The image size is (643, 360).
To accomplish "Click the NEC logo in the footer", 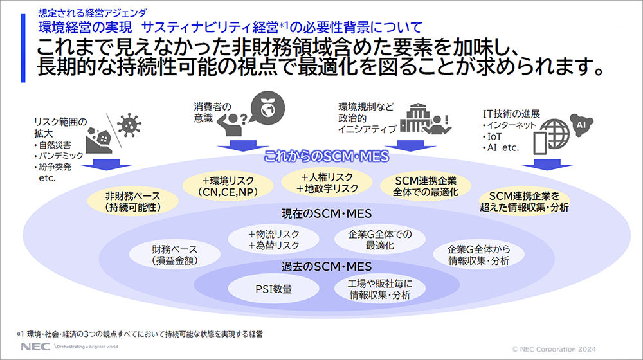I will [x=31, y=346].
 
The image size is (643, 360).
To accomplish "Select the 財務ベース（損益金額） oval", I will [x=174, y=255].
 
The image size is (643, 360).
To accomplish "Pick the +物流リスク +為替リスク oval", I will [x=274, y=239].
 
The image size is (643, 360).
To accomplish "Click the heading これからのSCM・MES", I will [x=319, y=156].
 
